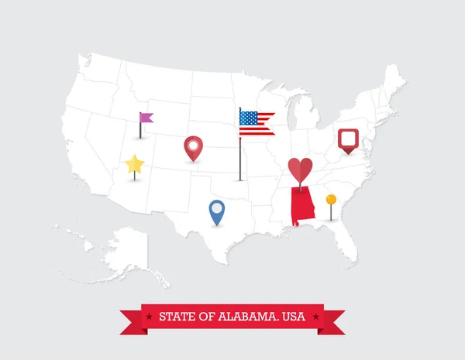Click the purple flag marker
pyautogui.click(x=146, y=118)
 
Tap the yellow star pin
pyautogui.click(x=134, y=164)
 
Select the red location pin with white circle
pyautogui.click(x=193, y=146)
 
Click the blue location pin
pyautogui.click(x=216, y=210)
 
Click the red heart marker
pyautogui.click(x=300, y=169)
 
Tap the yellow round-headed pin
pyautogui.click(x=331, y=200)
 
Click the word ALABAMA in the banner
pyautogui.click(x=237, y=317)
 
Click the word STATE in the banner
pyautogui.click(x=175, y=317)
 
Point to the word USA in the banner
pyautogui.click(x=294, y=317)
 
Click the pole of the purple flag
pyautogui.click(x=140, y=130)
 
